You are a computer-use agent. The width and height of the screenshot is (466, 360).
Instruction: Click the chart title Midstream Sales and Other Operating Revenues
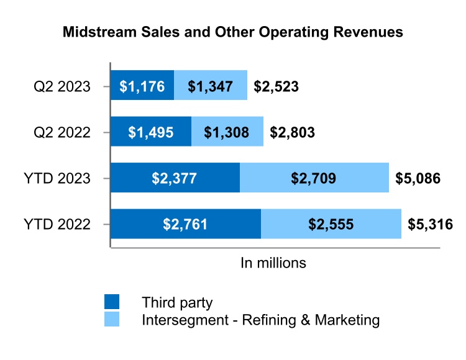233,32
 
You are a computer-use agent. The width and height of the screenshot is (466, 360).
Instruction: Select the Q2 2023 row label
62,86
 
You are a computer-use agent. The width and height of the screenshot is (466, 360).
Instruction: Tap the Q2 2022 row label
62,132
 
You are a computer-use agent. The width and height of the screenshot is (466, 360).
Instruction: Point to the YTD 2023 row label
58,178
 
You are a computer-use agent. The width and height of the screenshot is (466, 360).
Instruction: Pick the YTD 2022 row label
58,224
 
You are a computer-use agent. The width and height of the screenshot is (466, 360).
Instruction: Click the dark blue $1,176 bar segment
142,86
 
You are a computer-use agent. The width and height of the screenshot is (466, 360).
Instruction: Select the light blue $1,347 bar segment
211,86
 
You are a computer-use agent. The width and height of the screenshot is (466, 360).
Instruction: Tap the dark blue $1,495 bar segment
151,132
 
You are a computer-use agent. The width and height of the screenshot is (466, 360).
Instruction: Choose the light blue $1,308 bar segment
227,132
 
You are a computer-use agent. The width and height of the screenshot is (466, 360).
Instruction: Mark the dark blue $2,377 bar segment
175,178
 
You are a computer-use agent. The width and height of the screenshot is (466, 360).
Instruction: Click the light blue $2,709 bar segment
314,178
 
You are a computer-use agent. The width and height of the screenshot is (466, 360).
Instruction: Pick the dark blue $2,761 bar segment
186,224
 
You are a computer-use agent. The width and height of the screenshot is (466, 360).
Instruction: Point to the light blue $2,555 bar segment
331,224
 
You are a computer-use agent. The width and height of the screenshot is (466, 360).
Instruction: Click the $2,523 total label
276,86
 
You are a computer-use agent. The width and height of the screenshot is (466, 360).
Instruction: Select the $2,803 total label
292,132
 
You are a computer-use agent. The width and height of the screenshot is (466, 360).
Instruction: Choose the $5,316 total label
430,225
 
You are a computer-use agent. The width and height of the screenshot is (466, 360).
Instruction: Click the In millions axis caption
273,263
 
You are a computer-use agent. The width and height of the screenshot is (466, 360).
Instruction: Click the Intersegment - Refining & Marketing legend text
260,320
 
